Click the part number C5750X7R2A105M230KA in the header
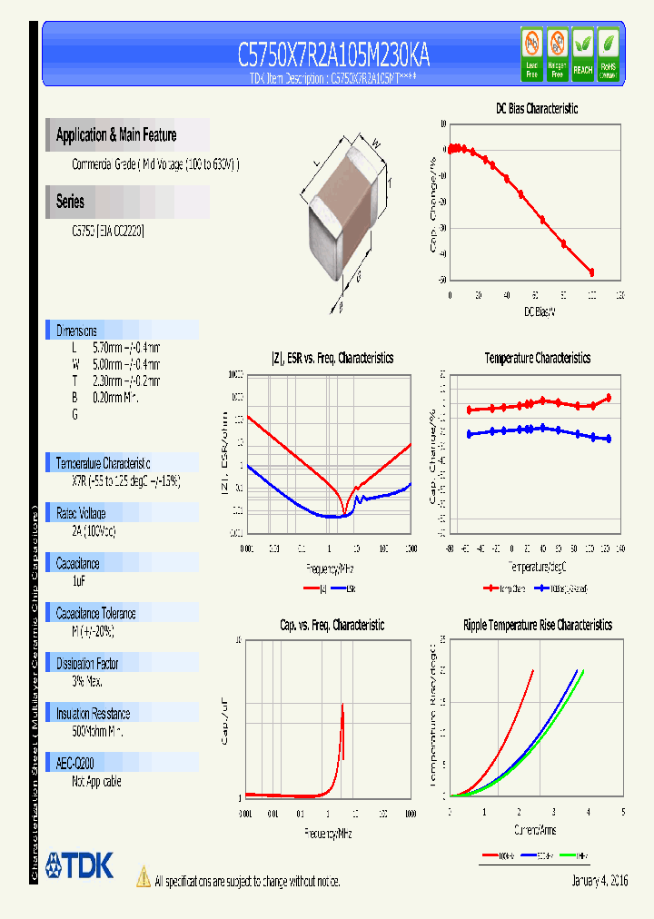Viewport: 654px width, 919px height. click(x=333, y=56)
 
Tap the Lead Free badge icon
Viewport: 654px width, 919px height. click(x=531, y=54)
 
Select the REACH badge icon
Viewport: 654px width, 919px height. click(x=582, y=54)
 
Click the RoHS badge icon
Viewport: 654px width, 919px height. click(x=609, y=54)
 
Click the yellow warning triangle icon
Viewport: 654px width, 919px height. click(x=143, y=877)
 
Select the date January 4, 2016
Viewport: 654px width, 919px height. click(x=599, y=881)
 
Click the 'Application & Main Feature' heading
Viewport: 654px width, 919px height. click(x=116, y=135)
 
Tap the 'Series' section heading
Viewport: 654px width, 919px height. click(x=70, y=202)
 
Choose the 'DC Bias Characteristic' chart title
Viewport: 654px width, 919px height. click(x=536, y=108)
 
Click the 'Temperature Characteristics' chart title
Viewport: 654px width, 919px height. click(x=537, y=359)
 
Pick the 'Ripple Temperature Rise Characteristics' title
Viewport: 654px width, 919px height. click(x=537, y=625)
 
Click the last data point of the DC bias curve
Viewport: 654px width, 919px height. click(x=591, y=272)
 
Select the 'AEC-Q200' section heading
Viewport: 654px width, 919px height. click(x=75, y=764)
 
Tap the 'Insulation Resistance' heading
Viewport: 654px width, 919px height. click(x=93, y=714)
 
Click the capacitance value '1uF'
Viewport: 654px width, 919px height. click(x=79, y=579)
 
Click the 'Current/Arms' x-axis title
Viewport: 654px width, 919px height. click(x=536, y=830)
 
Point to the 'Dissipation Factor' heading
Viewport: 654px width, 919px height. click(x=87, y=664)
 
